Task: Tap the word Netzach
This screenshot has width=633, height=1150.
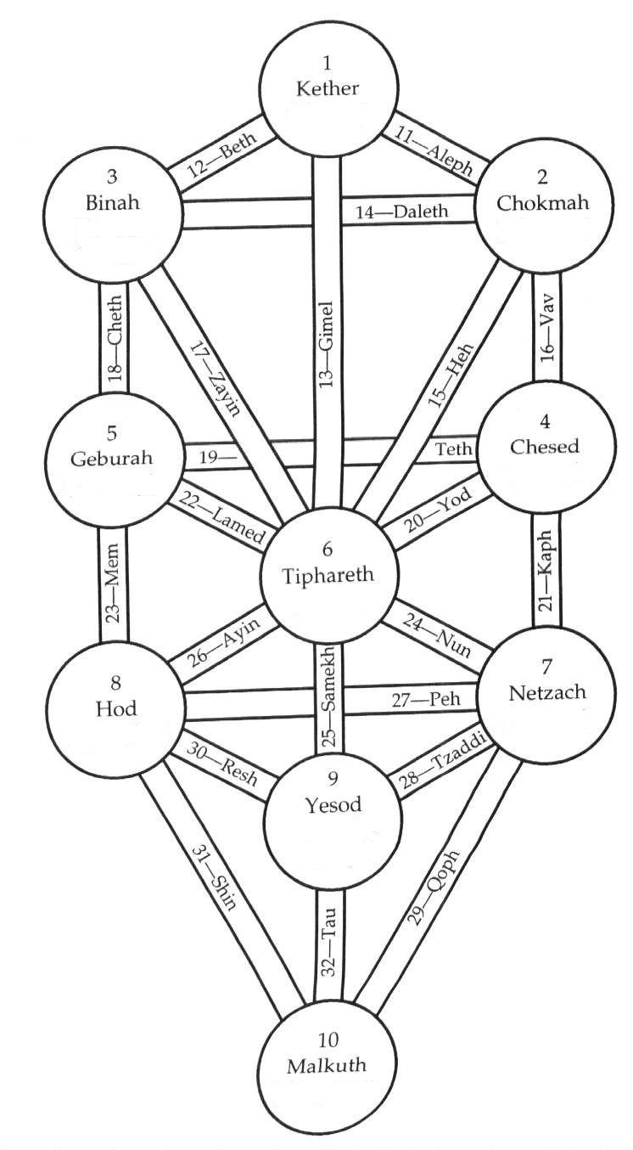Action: [x=547, y=692]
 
